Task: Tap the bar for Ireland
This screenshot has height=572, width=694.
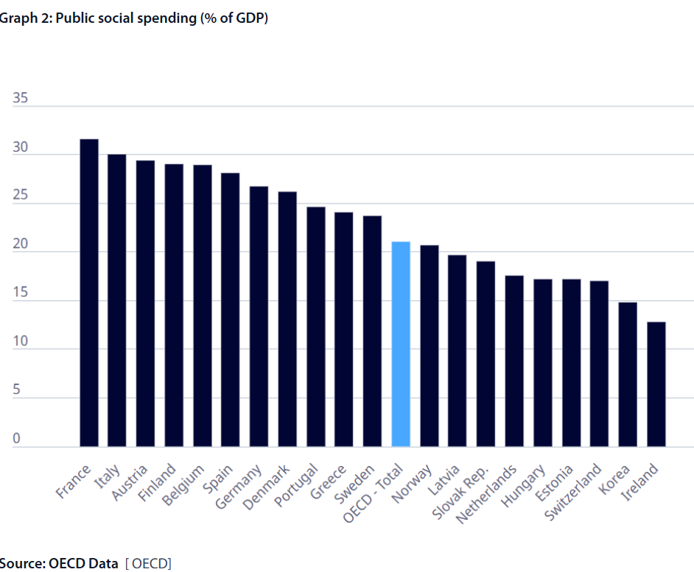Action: click(x=656, y=384)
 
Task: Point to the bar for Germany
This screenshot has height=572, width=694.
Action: click(x=259, y=317)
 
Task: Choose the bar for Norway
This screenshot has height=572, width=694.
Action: click(x=430, y=346)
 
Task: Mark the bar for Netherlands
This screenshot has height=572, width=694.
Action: click(x=514, y=361)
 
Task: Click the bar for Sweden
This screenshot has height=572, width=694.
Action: click(x=373, y=331)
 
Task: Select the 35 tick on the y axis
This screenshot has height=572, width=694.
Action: click(x=20, y=99)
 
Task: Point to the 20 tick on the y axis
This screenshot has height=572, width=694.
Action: click(x=20, y=244)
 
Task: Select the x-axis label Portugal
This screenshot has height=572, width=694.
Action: click(x=296, y=484)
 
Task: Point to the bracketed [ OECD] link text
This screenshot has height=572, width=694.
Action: click(x=148, y=564)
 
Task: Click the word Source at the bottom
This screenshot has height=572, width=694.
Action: click(x=21, y=564)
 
